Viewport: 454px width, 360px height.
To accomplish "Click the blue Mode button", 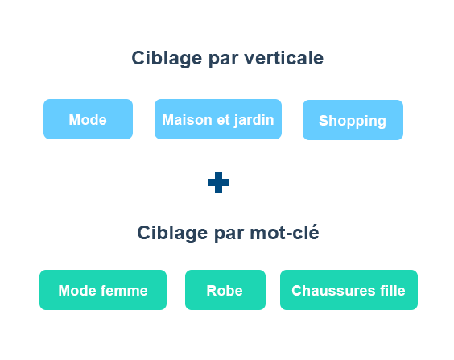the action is point(88,119).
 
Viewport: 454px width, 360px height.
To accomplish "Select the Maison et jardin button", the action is point(218,119).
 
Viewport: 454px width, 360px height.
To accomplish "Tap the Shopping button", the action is point(353,120).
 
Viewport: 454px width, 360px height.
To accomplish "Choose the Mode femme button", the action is point(103,290).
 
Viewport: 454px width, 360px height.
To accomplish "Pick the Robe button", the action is point(225,290).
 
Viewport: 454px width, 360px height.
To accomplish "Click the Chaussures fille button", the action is point(349,290).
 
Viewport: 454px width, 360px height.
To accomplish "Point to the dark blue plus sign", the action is point(219,182).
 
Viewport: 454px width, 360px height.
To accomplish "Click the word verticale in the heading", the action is point(283,58).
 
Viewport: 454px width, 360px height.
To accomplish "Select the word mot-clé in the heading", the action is point(284,233).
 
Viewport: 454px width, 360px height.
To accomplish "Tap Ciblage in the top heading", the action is point(167,59).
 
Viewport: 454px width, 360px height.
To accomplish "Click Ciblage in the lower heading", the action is point(172,233).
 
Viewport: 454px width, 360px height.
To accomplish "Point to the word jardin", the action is point(254,121).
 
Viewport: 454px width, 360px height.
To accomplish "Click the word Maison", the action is point(188,120).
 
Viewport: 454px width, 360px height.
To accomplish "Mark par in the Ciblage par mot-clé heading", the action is point(229,234).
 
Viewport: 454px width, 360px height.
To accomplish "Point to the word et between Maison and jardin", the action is point(223,120).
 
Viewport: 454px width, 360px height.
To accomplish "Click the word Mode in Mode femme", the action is point(77,291).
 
